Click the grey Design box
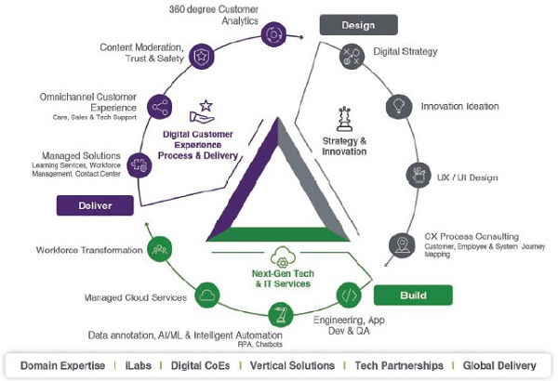359,24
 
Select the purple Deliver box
90,204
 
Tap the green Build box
412,296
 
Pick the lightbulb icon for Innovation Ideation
399,105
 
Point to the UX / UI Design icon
418,174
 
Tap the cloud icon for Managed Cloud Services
206,297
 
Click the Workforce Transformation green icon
159,250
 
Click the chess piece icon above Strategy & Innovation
340,119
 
